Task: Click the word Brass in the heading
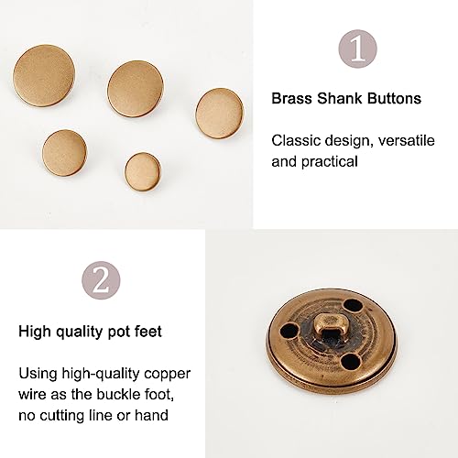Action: (291, 98)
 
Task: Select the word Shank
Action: (338, 98)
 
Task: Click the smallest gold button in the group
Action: (141, 168)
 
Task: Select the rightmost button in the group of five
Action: (219, 113)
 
